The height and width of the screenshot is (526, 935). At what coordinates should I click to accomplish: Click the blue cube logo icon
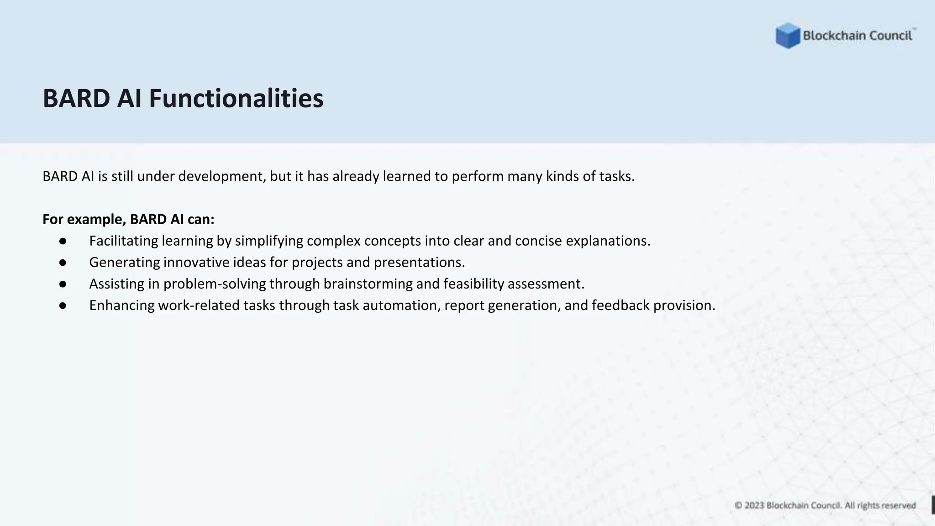pos(788,36)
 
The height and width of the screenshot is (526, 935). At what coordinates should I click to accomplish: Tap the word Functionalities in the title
pos(236,98)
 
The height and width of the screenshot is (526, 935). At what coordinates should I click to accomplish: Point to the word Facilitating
pos(123,241)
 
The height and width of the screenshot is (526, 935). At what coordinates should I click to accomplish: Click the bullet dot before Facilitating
pos(63,241)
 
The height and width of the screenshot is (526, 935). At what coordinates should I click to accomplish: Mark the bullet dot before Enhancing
pos(63,305)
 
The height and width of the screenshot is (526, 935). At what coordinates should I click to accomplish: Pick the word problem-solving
pos(215,284)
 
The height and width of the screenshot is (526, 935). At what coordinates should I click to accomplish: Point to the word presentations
pos(419,262)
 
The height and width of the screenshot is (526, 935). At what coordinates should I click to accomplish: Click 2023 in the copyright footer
pos(754,505)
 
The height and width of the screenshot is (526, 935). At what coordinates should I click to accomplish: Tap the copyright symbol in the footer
pos(738,505)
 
